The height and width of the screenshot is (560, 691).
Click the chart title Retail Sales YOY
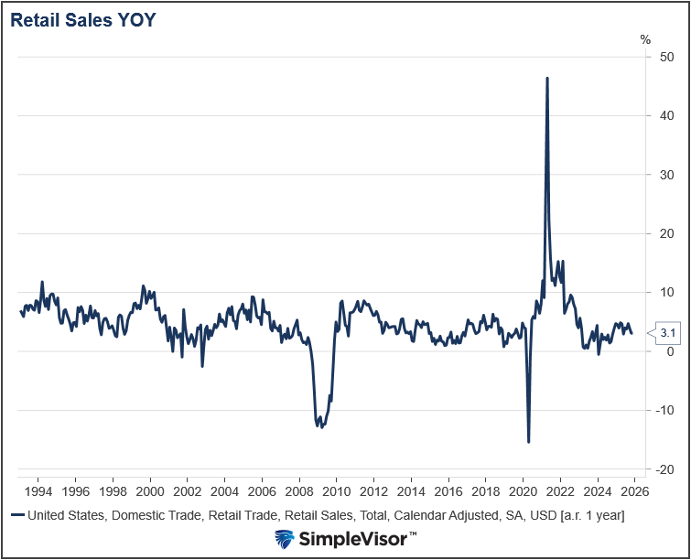coord(83,20)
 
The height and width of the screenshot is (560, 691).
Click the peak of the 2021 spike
coord(547,79)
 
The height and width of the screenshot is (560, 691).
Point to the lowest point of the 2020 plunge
coord(528,442)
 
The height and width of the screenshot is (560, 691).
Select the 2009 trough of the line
coord(319,426)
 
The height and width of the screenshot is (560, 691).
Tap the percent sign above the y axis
coord(645,39)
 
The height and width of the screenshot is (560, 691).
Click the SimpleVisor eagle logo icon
coord(285,539)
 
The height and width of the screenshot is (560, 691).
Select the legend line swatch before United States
coord(16,515)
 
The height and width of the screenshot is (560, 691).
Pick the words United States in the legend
coord(67,515)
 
